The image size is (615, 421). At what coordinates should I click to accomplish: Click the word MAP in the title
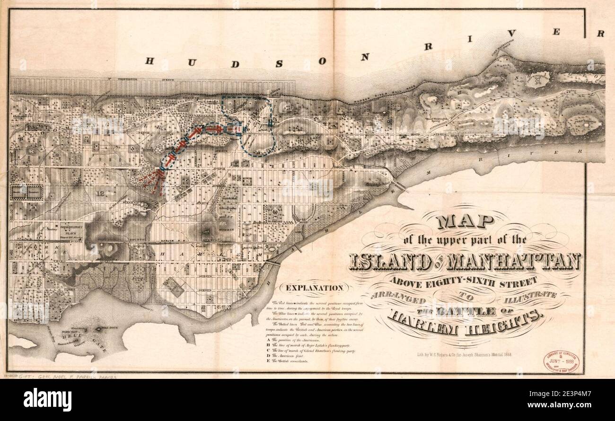(465, 221)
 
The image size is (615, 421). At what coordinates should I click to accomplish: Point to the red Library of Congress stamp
(561, 361)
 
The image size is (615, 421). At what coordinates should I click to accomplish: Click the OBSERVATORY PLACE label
(71, 228)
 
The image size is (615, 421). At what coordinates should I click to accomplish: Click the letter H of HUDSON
(150, 61)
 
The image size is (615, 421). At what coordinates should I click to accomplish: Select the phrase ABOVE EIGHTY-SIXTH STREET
(464, 281)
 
